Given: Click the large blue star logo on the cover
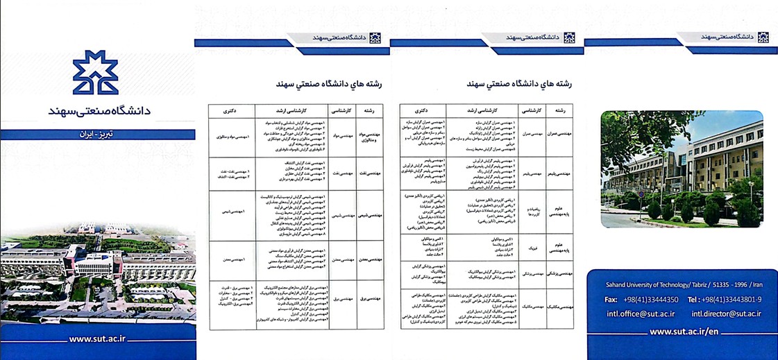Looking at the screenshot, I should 97,72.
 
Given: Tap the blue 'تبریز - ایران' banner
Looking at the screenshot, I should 97,130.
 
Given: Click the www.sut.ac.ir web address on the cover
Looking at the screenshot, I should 97,340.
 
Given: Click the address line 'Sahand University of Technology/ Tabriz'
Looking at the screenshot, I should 652,284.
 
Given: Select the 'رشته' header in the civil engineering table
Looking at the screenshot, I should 558,110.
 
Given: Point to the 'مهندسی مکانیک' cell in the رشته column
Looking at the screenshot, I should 558,306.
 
